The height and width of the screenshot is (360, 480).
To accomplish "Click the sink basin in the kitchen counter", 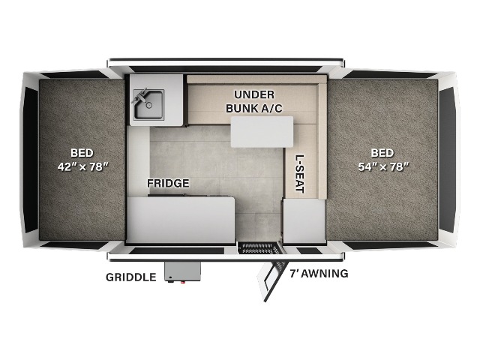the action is [148, 105].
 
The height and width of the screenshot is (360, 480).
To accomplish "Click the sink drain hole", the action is [149, 105].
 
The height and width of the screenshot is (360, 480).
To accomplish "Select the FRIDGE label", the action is [168, 183].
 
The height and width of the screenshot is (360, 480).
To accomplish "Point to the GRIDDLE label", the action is [131, 277].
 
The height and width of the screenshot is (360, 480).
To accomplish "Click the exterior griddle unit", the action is [182, 271].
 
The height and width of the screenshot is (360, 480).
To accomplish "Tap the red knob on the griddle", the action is [183, 282].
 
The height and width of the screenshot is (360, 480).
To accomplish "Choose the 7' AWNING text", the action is [319, 273].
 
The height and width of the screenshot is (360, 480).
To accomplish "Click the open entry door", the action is [271, 277].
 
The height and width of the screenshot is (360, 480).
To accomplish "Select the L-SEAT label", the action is [300, 174].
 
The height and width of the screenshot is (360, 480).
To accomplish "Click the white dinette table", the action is [262, 132].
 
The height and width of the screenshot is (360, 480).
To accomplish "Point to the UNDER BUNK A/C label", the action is [254, 101].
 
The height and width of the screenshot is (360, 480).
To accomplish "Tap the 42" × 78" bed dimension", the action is [83, 166].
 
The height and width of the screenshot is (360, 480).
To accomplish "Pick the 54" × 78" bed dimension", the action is [383, 166].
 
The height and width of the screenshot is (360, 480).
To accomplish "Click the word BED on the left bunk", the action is [82, 153].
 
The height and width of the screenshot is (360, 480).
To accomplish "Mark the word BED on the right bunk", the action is [382, 153].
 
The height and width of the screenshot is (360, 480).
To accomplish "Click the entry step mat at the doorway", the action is [259, 248].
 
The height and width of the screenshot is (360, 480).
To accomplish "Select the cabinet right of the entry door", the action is [304, 220].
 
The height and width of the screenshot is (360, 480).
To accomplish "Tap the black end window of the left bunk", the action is [31, 160].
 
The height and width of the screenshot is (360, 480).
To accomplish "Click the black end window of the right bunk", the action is [447, 160].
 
